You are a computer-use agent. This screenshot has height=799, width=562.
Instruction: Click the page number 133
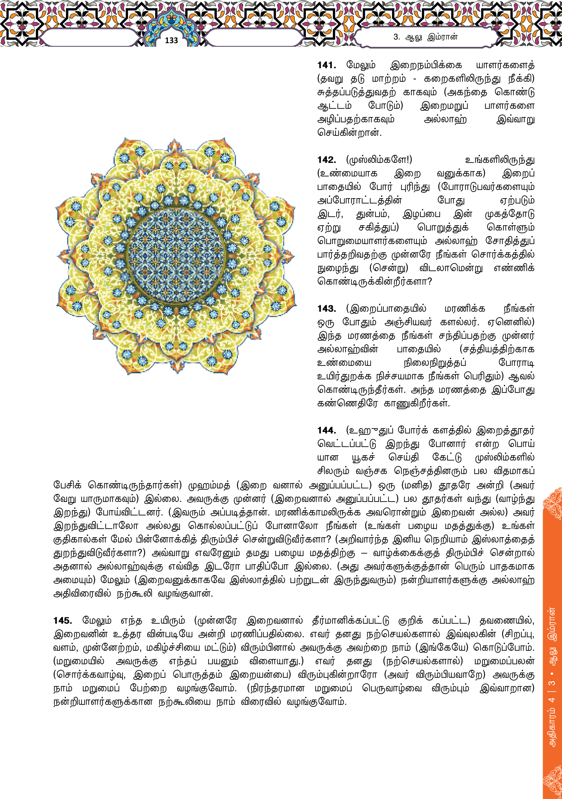171,40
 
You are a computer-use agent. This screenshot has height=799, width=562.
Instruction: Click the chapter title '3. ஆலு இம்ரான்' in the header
425,37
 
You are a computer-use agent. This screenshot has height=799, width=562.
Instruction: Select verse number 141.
327,65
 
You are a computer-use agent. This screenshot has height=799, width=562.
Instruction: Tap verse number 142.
327,160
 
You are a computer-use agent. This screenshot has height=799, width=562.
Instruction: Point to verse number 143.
327,309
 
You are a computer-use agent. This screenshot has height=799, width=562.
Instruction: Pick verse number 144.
327,430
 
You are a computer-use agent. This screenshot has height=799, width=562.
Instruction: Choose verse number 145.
63,620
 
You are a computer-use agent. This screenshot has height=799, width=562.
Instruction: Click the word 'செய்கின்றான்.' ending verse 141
349,133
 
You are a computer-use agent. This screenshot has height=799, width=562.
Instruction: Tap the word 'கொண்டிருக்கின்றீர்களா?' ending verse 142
374,282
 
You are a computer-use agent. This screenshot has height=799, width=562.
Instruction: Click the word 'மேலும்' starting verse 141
361,65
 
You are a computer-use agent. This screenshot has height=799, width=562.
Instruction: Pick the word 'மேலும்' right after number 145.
97,620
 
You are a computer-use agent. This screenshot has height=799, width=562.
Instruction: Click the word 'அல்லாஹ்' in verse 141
445,119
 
